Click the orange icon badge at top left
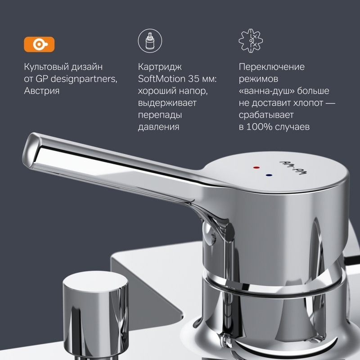39,44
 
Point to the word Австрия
41,91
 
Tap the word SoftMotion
161,79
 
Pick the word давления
158,127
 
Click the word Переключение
271,67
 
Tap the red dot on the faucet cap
256,167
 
